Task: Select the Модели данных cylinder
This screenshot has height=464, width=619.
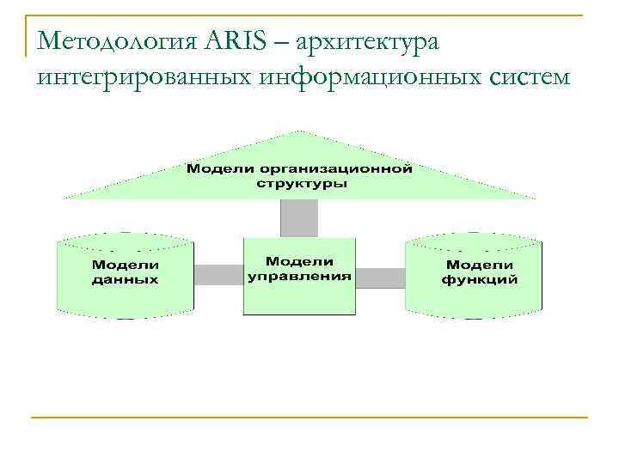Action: pyautogui.click(x=125, y=275)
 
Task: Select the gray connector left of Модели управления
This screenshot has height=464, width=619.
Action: pyautogui.click(x=218, y=275)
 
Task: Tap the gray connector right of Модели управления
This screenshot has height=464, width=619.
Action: pyautogui.click(x=379, y=277)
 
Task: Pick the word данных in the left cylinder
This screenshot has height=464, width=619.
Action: pyautogui.click(x=125, y=280)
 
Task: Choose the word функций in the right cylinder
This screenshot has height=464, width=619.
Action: pyautogui.click(x=479, y=280)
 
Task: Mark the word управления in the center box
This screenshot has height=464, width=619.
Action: pyautogui.click(x=299, y=277)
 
